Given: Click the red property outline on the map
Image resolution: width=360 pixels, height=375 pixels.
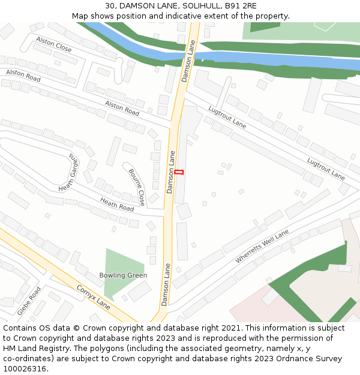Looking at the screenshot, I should (x=179, y=172).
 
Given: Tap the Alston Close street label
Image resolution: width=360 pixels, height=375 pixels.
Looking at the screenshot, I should (x=53, y=44).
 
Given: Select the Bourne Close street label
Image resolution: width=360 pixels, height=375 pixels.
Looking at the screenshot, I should (x=137, y=187).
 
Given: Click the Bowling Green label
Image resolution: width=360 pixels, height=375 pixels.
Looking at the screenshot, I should (x=123, y=275).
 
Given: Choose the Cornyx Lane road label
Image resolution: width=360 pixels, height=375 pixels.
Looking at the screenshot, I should (x=93, y=296).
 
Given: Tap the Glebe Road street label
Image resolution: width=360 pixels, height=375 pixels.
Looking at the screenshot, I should (x=29, y=301).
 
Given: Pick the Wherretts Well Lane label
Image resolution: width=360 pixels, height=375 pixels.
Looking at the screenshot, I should (x=262, y=246).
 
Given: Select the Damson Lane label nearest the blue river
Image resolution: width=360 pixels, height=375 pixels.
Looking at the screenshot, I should (x=188, y=61).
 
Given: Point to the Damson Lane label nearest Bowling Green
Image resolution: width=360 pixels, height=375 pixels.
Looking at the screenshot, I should (x=166, y=284).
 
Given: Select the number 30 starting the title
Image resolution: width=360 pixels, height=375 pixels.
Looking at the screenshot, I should (x=109, y=6).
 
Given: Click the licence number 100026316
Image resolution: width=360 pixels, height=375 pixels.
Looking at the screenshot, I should (x=25, y=369).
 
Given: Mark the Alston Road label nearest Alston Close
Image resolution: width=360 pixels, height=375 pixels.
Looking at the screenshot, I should (x=23, y=76).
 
